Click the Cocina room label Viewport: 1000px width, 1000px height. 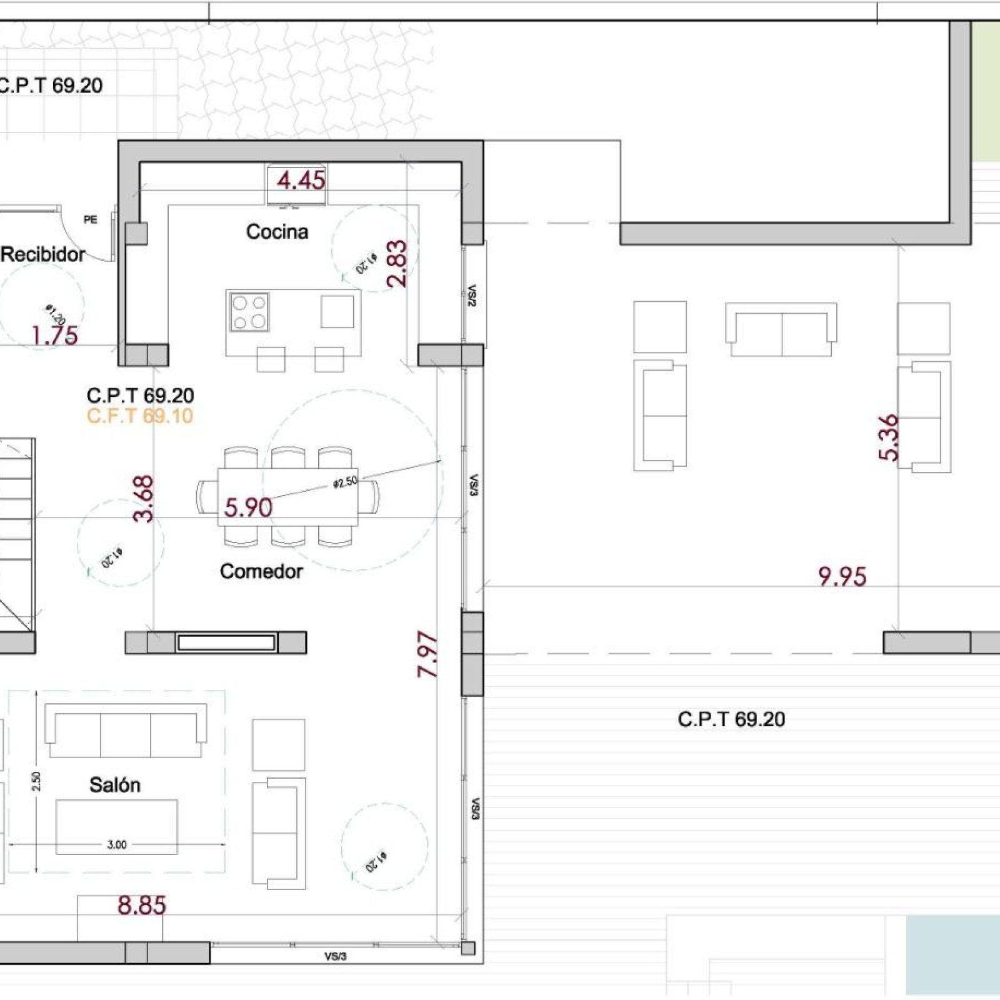pos(277,232)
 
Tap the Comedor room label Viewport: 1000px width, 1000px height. pos(261,571)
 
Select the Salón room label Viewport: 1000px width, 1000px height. pos(114,784)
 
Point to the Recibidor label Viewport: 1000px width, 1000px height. pos(42,254)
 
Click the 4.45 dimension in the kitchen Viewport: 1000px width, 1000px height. pos(301,181)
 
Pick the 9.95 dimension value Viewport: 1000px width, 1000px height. pos(842,577)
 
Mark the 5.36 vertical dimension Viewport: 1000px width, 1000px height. pos(889,437)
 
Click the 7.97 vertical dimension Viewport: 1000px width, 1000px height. pos(427,654)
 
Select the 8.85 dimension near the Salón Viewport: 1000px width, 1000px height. pos(142,906)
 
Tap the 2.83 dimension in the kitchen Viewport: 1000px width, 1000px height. pos(397,264)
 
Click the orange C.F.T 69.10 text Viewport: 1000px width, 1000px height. pos(139,416)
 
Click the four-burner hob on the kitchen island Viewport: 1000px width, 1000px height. pos(249,312)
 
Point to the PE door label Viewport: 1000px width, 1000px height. pos(91,219)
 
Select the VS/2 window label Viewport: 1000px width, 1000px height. pos(472,296)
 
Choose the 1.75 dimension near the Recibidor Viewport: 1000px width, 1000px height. pos(55,336)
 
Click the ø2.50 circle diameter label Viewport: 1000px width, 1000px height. pos(345,482)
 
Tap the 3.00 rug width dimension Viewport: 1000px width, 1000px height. pos(117,845)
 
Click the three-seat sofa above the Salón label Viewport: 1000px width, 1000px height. pos(126,729)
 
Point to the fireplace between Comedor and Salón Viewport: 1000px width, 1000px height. pos(226,642)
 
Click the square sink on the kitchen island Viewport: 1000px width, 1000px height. pos(337,311)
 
